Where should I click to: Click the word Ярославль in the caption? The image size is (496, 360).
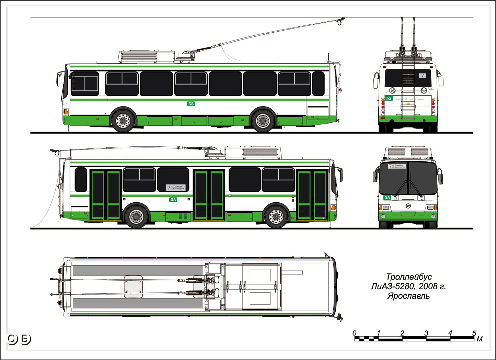pos(408,296)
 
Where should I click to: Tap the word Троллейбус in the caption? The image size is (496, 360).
pos(408,277)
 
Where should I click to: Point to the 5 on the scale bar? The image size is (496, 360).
pos(474,333)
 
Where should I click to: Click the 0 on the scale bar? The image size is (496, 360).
pos(355,333)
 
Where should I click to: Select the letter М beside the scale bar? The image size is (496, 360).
pos(480,339)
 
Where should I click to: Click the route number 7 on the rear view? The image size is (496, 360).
pos(423,75)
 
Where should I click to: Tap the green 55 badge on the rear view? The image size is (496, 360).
pos(389,99)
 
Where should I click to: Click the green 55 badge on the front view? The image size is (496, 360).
pos(387,198)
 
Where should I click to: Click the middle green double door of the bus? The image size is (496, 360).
pos(209,195)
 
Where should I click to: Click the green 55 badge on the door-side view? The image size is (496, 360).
pos(173,200)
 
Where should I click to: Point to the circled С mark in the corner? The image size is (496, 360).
pos(13,339)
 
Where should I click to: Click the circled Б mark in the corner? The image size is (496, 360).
pos(25,339)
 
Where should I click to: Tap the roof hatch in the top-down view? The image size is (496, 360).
pos(134,286)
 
